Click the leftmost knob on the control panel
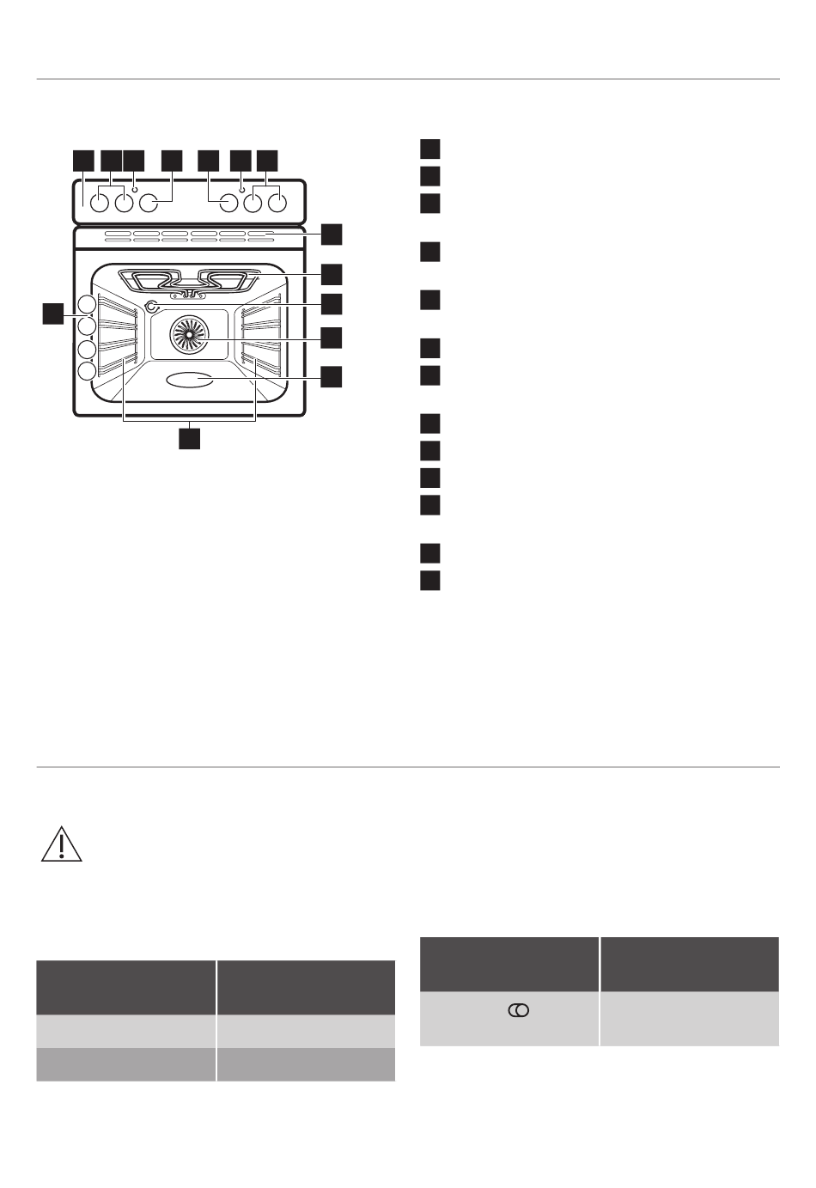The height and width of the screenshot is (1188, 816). pos(100,204)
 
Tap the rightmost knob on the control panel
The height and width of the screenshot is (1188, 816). pos(277,204)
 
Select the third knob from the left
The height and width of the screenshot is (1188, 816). pos(149,204)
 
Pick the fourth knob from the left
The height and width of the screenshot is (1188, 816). pos(228,204)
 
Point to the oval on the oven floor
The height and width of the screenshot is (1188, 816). pos(190,380)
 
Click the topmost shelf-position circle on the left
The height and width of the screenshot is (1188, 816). pos(86,304)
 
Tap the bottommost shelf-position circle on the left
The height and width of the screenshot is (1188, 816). pos(86,371)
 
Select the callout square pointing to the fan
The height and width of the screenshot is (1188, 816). pos(331,337)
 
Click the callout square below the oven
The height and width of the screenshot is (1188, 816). pos(189,437)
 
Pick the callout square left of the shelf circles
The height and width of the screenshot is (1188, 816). pos(53,314)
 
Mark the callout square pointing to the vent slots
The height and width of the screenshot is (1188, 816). pos(331,235)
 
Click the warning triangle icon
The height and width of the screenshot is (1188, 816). pos(61,845)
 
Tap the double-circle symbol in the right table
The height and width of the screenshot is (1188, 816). pos(519,1011)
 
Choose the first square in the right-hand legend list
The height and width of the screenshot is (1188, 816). pos(430,149)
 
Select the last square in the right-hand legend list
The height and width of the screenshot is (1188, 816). pos(430,580)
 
